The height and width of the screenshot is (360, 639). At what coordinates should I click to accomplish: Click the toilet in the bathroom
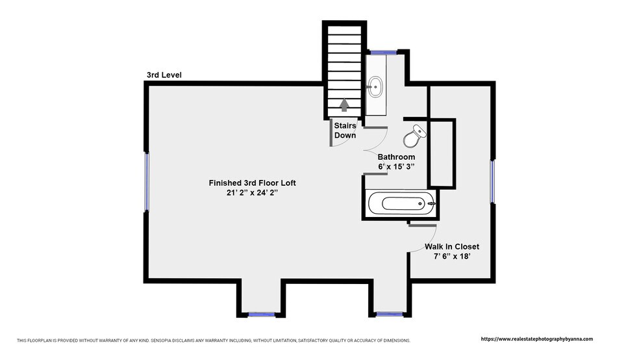tap(414, 136)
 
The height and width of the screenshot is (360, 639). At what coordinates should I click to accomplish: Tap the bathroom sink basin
tap(375, 86)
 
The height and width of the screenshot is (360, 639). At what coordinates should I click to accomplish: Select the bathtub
tap(402, 203)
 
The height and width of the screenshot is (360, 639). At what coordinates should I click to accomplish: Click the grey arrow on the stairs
tap(344, 105)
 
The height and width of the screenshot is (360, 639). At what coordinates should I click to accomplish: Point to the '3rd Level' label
tap(164, 75)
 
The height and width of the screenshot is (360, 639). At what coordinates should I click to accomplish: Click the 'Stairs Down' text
tap(345, 131)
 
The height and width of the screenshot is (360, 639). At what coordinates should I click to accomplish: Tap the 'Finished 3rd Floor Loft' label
tap(252, 183)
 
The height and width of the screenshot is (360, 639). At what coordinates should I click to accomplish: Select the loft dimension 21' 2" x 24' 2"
tap(252, 193)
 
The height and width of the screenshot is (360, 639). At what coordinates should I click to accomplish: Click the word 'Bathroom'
tap(396, 157)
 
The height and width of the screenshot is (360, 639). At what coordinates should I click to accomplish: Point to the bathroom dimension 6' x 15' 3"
tap(396, 167)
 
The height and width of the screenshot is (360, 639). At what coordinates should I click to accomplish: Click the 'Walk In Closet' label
tap(452, 247)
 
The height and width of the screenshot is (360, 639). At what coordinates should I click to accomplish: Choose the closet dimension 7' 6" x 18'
tap(452, 257)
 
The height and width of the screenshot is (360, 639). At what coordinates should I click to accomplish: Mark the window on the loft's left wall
tap(147, 182)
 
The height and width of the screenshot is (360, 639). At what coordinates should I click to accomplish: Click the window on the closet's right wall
tap(492, 181)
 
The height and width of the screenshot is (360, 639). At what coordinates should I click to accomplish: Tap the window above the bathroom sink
tap(383, 52)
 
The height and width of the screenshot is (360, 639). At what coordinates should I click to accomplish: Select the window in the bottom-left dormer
tap(262, 315)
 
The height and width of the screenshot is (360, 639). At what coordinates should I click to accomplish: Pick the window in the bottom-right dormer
tap(390, 315)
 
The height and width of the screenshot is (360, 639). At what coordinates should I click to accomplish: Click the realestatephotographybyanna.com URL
tap(536, 339)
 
